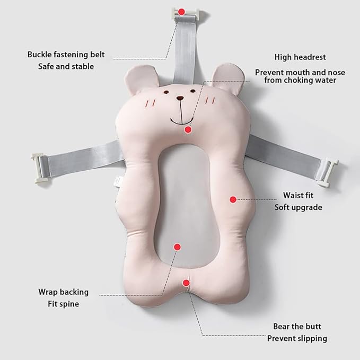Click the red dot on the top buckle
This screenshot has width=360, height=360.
(181, 12)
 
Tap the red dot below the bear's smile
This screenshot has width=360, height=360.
(188, 130)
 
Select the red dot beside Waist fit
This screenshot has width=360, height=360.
(233, 199)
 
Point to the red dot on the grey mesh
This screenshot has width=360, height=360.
(177, 247)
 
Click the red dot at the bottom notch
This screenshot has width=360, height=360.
(186, 283)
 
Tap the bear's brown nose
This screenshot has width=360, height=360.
(180, 98)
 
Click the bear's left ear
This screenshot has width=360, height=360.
(141, 77)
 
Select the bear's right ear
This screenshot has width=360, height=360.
(227, 78)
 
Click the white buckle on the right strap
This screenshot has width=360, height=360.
(328, 173)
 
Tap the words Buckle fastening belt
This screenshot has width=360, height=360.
(66, 55)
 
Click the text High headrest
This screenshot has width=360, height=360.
(300, 57)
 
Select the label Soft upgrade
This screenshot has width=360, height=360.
(298, 207)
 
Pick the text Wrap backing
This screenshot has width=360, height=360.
(64, 292)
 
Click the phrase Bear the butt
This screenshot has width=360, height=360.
(297, 326)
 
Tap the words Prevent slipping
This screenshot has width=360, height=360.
(297, 338)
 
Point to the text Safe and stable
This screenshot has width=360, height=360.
(66, 67)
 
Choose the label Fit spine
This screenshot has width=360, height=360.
(64, 304)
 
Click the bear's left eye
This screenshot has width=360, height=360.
(166, 92)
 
